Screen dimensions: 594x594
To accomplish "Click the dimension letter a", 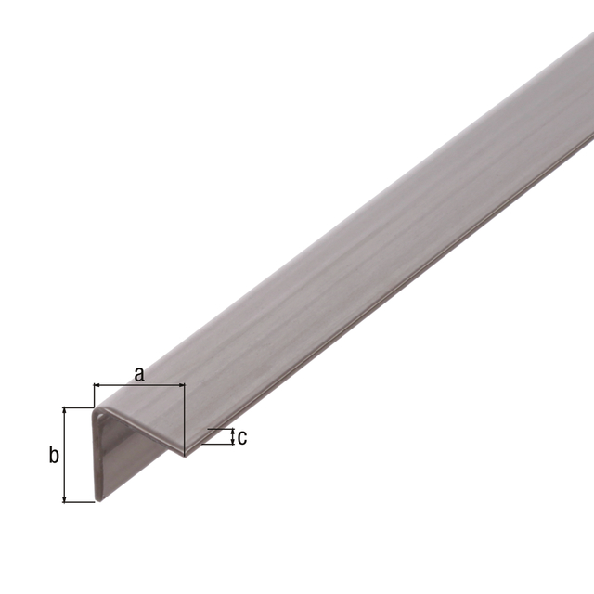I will click(x=139, y=374).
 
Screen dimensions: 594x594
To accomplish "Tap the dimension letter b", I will click(x=54, y=455).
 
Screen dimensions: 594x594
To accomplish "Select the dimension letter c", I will click(x=242, y=437).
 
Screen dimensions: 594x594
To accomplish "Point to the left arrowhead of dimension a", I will click(x=97, y=384).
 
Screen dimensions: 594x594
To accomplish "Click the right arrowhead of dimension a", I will click(x=181, y=384).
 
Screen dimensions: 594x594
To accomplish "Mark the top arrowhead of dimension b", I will click(x=64, y=410).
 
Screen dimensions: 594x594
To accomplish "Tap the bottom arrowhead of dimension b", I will click(x=64, y=498).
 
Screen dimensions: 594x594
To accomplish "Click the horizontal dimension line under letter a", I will click(x=139, y=384).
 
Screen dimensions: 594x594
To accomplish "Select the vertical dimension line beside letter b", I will click(x=64, y=455).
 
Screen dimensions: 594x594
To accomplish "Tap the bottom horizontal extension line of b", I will click(x=79, y=503).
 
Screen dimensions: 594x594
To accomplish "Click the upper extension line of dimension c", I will click(x=219, y=429).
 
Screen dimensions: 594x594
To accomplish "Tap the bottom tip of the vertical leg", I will click(x=97, y=498).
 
